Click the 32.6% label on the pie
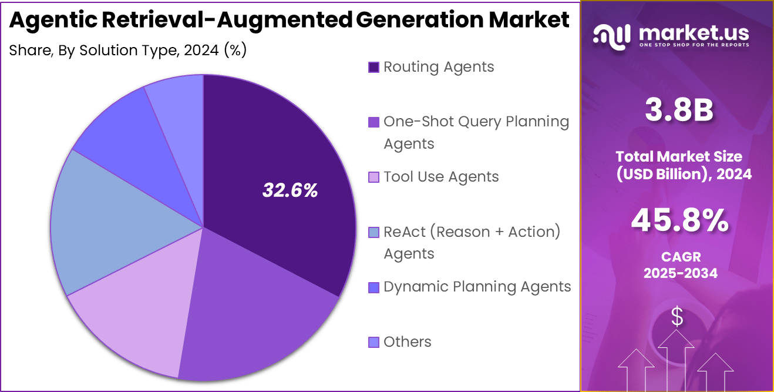pyautogui.click(x=290, y=190)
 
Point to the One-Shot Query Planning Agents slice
pyautogui.click(x=253, y=317)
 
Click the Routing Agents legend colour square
pyautogui.click(x=373, y=67)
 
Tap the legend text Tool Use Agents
pyautogui.click(x=441, y=177)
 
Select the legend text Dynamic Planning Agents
pyautogui.click(x=477, y=287)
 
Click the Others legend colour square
pyautogui.click(x=373, y=342)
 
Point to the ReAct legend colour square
pyautogui.click(x=373, y=232)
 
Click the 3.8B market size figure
pyautogui.click(x=678, y=110)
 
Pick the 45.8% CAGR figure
pyautogui.click(x=679, y=221)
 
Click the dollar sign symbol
pyautogui.click(x=677, y=317)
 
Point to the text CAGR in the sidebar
pyautogui.click(x=680, y=257)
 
